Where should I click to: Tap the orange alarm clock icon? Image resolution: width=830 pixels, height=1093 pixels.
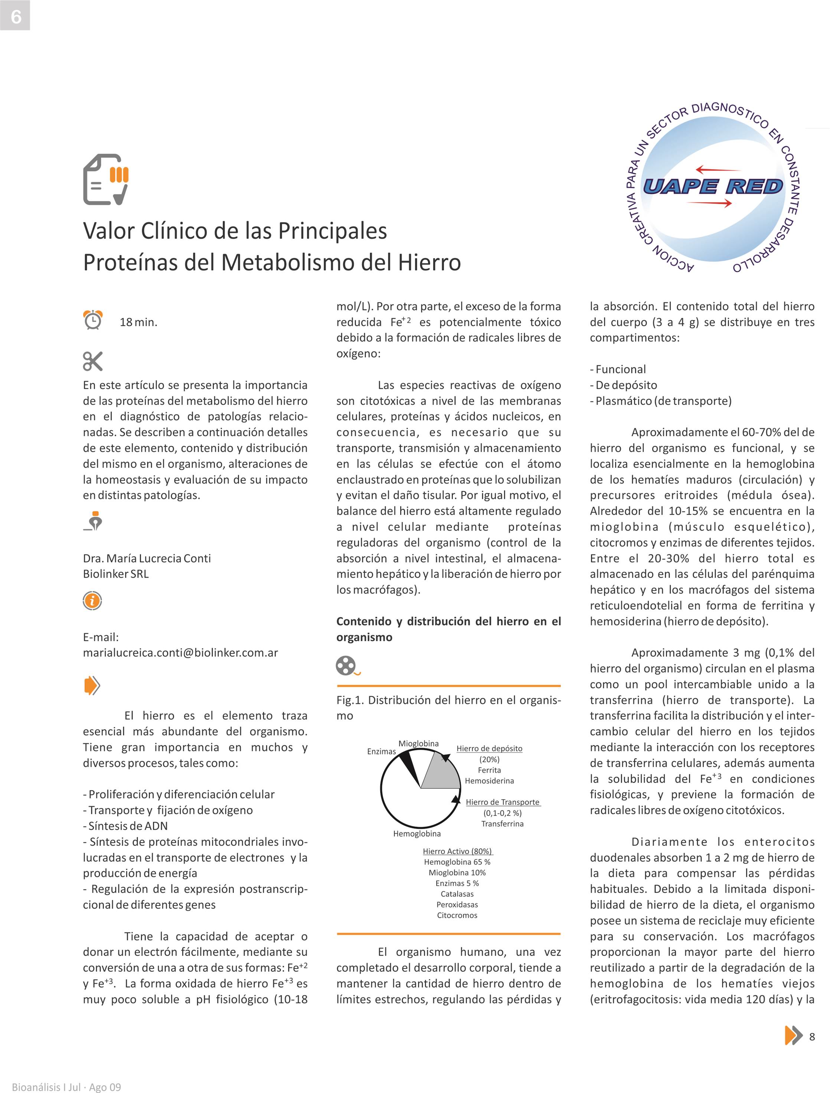click(93, 320)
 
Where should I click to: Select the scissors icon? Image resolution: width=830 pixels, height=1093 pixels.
click(93, 361)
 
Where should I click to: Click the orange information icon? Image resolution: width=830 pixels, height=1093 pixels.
click(92, 601)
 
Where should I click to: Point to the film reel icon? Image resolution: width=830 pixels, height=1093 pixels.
click(346, 666)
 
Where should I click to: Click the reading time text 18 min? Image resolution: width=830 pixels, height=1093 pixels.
click(138, 322)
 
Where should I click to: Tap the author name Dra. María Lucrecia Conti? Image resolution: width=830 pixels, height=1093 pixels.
click(147, 558)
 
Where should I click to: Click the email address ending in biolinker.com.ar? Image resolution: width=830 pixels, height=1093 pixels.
click(180, 653)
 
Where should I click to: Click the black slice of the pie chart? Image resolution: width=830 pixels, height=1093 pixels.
click(408, 763)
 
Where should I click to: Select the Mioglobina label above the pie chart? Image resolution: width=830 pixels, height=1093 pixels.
click(418, 744)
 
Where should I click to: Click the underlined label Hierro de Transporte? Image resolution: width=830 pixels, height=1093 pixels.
click(503, 802)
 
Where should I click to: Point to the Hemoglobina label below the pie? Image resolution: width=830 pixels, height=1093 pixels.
click(417, 833)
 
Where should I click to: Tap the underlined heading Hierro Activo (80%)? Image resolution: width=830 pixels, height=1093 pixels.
click(457, 851)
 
